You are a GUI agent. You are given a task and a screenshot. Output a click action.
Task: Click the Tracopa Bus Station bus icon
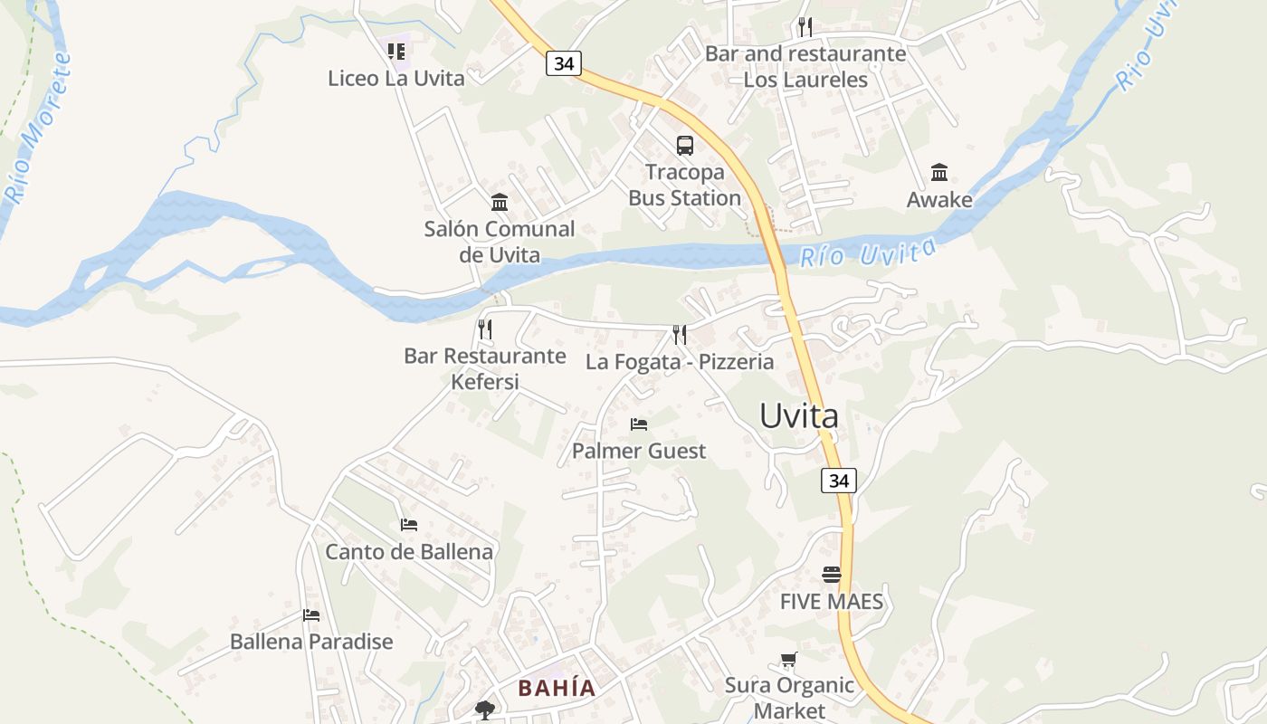point(685,145)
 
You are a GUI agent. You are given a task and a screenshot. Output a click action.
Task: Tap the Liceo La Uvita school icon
point(396,52)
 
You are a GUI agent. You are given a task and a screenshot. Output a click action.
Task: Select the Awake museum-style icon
point(939,172)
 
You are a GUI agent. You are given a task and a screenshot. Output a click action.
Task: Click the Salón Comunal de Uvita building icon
point(500,202)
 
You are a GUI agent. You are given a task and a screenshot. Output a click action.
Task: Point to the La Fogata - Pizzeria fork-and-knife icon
point(680,335)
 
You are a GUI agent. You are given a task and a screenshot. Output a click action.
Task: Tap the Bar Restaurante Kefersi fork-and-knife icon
point(485,329)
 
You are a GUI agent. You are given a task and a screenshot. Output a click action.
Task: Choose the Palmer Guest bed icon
point(639,424)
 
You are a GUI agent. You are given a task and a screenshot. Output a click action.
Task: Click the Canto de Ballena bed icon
point(409,524)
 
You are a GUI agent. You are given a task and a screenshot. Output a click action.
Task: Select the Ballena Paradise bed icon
point(311,615)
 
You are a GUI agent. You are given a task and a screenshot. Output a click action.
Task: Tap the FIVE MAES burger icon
point(832,575)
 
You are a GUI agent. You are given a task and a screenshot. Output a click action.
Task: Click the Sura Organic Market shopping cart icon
point(789,660)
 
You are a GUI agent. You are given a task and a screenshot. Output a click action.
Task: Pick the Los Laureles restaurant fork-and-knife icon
point(805,27)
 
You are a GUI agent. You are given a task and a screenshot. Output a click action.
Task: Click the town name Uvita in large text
point(799,415)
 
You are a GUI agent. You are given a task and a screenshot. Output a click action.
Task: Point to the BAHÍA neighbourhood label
point(557,688)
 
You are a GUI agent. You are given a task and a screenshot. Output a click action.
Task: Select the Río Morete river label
point(38,127)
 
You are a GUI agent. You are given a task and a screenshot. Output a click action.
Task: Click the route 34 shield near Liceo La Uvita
point(563,63)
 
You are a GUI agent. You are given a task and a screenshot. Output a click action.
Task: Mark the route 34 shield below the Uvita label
point(839,481)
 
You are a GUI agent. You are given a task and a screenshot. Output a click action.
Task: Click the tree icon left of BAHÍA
point(485,710)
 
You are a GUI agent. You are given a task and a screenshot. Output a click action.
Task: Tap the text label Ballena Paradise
point(311,642)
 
